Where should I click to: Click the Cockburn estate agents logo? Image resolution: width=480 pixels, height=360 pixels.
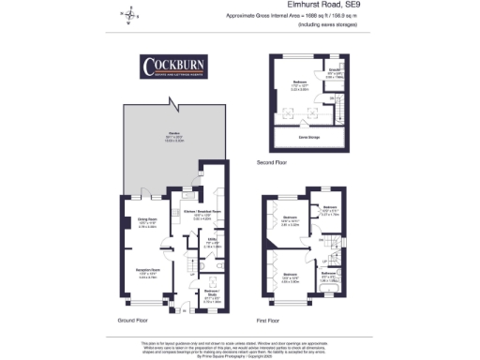(x=175, y=67)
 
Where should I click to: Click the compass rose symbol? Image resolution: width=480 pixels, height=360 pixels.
(x=129, y=15)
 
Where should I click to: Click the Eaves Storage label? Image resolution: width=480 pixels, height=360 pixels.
(x=299, y=138)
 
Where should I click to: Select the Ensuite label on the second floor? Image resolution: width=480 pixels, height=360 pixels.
(x=335, y=71)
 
